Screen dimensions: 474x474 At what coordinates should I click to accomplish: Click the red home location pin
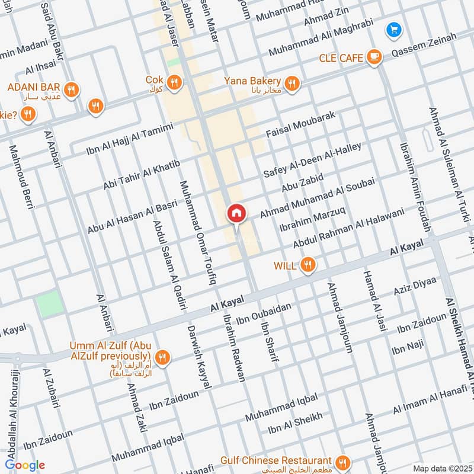click(x=236, y=213)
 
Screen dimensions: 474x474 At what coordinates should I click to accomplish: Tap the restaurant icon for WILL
click(x=306, y=265)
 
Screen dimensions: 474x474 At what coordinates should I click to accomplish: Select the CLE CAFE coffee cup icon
click(x=373, y=57)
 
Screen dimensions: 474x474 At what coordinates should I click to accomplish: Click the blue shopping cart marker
click(x=392, y=29)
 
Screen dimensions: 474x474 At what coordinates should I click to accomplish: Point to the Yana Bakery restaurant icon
click(x=291, y=84)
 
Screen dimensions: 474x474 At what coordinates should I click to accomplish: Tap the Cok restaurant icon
click(x=174, y=82)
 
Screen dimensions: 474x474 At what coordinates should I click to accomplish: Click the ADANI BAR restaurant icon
click(x=71, y=90)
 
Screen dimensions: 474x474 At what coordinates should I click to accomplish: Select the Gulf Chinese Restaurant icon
click(x=342, y=462)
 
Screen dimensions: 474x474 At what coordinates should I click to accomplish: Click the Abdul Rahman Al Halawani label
click(x=348, y=228)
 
